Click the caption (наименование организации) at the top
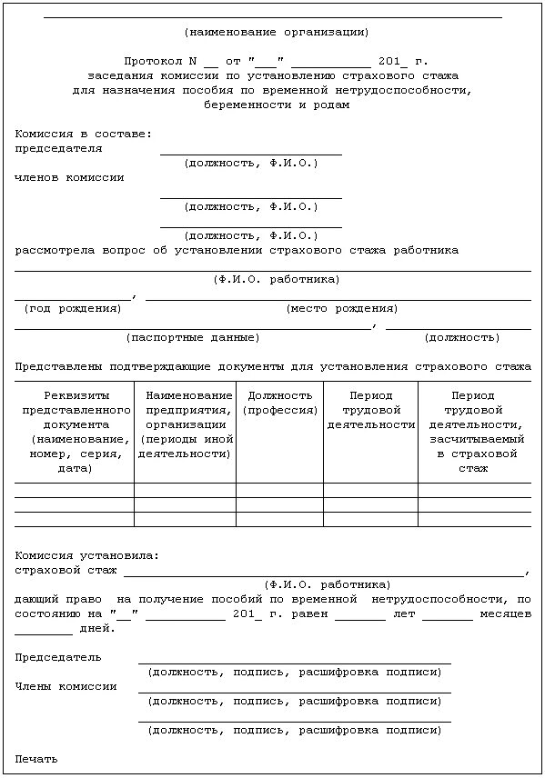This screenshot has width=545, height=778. click(x=276, y=32)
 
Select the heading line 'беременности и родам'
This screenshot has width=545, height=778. click(x=277, y=105)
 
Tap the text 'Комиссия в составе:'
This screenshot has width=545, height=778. click(x=84, y=134)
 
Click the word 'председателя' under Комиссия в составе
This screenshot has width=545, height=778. click(x=58, y=148)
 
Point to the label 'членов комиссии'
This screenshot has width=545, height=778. click(x=69, y=177)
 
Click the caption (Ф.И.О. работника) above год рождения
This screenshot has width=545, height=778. click(x=277, y=279)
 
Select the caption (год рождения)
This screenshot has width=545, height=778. click(x=73, y=308)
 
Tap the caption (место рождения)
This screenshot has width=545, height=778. click(x=341, y=308)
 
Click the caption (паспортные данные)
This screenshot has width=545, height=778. click(x=192, y=337)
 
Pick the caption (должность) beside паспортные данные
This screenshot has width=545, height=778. click(x=461, y=337)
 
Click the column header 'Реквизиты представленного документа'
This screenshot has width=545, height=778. click(x=76, y=432)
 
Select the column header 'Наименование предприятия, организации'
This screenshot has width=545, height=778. click(x=186, y=424)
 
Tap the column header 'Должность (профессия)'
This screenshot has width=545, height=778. click(x=280, y=403)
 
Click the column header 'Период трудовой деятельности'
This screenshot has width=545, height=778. click(x=370, y=410)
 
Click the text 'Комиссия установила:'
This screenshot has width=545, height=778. click(x=87, y=555)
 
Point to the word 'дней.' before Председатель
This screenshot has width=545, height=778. click(x=98, y=628)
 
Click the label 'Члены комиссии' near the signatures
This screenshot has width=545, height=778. click(x=66, y=686)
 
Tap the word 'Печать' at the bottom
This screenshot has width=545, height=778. click(x=36, y=758)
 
